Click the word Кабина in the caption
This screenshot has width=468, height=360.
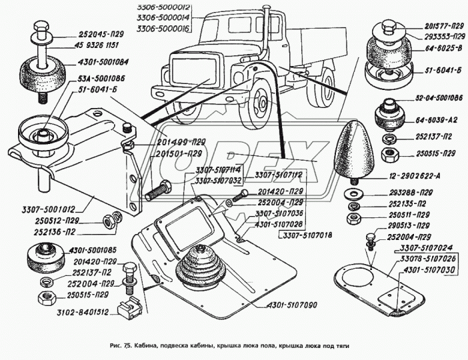click(x=151, y=345)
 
